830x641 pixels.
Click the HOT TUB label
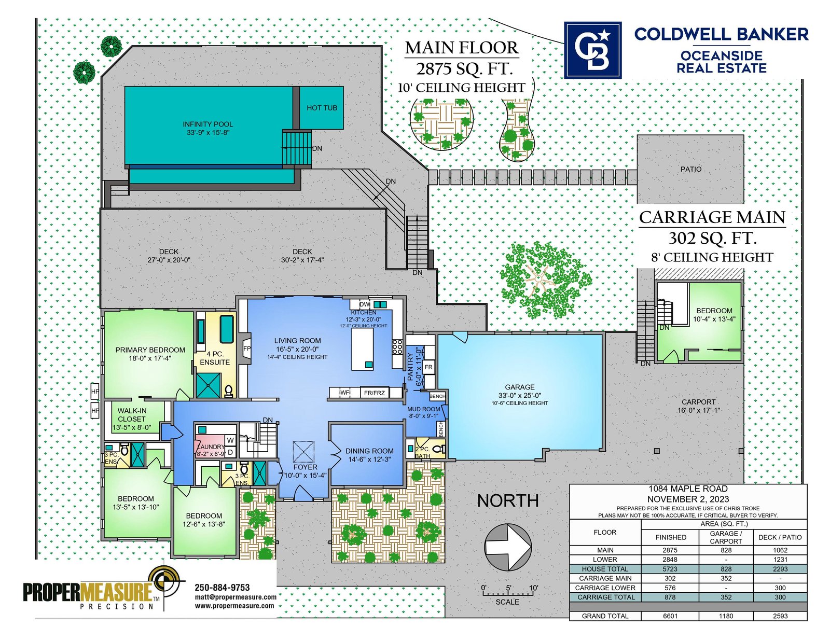[x=322, y=108]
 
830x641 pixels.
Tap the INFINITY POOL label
[x=208, y=124]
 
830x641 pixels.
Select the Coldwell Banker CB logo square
[x=593, y=50]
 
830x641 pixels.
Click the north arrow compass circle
[x=508, y=548]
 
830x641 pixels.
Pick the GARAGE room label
[x=519, y=387]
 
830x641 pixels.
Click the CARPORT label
[x=698, y=402]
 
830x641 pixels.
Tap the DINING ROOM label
[x=369, y=451]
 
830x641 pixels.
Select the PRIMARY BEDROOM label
[x=150, y=350]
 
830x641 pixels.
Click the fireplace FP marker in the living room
[x=247, y=349]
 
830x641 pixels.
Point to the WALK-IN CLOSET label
[x=132, y=414]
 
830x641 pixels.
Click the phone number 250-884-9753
[x=222, y=588]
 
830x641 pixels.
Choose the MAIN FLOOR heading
[x=461, y=48]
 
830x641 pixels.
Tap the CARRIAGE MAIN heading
[x=712, y=217]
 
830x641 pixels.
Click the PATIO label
[x=690, y=169]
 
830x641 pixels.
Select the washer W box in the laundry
[x=230, y=440]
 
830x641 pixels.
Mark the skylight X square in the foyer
[x=303, y=452]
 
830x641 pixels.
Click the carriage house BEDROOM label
[x=714, y=311]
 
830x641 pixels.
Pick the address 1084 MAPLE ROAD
[x=688, y=489]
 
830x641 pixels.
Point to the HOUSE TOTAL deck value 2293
[x=780, y=569]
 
